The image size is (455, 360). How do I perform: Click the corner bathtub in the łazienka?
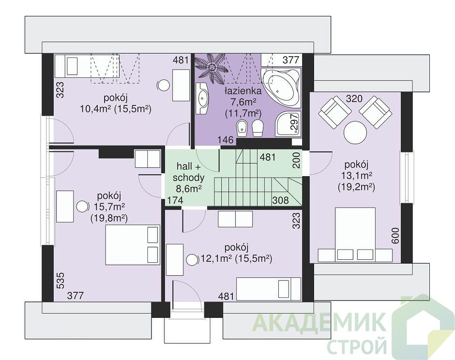(281, 86)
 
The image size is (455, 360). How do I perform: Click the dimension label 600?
(395, 236)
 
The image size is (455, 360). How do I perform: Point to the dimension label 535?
(60, 281)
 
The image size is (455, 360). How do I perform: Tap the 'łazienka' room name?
(243, 91)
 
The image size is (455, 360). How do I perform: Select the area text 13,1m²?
(356, 176)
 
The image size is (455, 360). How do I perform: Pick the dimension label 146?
(226, 140)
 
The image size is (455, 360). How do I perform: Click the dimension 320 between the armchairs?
(354, 99)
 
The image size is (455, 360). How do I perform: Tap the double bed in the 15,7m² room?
(133, 244)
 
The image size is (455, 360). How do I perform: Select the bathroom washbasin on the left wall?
(202, 98)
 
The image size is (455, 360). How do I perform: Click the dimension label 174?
(174, 200)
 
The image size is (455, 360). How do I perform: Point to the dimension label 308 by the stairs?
(280, 200)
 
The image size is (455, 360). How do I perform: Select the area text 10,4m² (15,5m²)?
(116, 109)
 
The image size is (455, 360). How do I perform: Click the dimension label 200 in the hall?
(296, 161)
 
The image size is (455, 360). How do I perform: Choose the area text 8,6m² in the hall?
(189, 189)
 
